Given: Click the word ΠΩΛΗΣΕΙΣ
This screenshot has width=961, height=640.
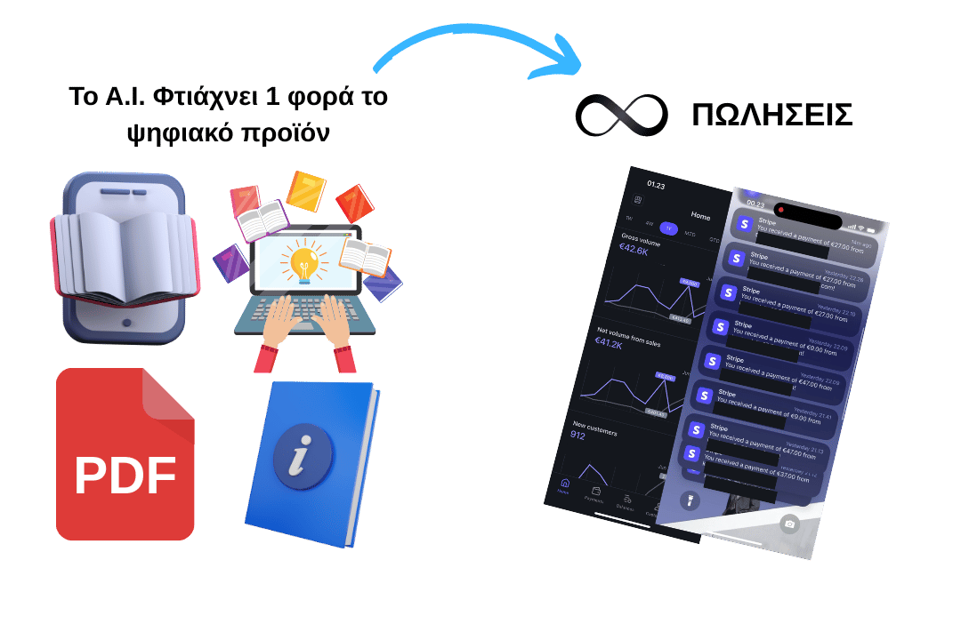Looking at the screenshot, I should (x=771, y=116).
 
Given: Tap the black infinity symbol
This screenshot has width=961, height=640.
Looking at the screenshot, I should (x=620, y=116).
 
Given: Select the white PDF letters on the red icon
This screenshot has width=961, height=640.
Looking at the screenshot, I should (x=125, y=476).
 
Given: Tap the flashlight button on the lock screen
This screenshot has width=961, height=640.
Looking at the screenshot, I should (x=690, y=501).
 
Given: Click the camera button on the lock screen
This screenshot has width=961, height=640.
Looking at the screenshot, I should (x=787, y=524).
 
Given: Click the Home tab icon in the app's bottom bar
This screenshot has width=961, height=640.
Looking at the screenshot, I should (x=563, y=485).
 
